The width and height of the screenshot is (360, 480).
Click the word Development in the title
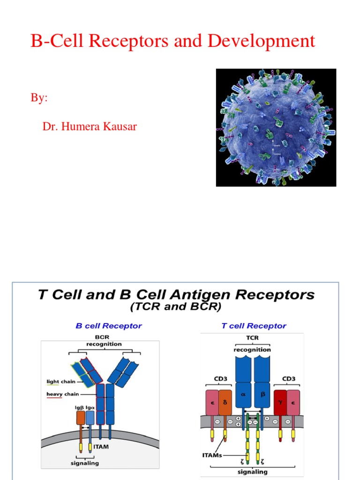pyautogui.click(x=262, y=41)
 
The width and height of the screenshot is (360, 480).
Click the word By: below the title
pyautogui.click(x=39, y=98)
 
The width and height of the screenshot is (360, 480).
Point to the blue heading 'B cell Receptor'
pyautogui.click(x=109, y=326)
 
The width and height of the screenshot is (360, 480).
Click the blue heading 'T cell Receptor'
pyautogui.click(x=254, y=326)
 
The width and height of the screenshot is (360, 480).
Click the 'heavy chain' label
pyautogui.click(x=62, y=394)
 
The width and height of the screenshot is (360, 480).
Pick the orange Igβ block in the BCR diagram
pyautogui.click(x=80, y=417)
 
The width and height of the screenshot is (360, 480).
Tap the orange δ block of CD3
pyautogui.click(x=225, y=402)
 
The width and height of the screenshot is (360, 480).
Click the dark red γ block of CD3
pyautogui.click(x=280, y=402)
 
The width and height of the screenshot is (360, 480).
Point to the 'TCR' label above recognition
pyautogui.click(x=252, y=342)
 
